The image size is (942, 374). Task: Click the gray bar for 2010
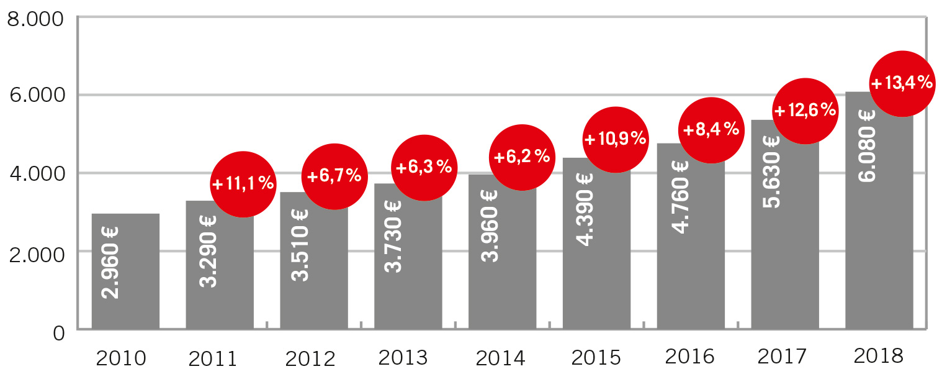(x=125, y=271)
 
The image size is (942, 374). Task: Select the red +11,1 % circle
(x=243, y=184)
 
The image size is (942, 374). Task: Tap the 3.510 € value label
(x=301, y=245)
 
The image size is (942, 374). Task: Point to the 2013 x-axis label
(x=403, y=358)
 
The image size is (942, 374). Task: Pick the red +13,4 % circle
(x=902, y=83)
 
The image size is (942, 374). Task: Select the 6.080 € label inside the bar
(x=866, y=145)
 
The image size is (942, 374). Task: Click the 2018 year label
(x=878, y=356)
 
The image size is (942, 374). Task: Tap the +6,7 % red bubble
(x=334, y=176)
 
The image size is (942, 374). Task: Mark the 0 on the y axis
(x=58, y=333)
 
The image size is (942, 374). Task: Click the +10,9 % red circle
(x=615, y=139)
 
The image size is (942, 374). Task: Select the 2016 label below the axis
(x=689, y=357)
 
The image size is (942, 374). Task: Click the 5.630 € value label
(x=772, y=171)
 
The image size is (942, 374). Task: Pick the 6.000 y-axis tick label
(x=35, y=95)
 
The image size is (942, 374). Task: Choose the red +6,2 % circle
(x=521, y=157)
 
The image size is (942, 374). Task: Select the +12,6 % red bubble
(x=805, y=111)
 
